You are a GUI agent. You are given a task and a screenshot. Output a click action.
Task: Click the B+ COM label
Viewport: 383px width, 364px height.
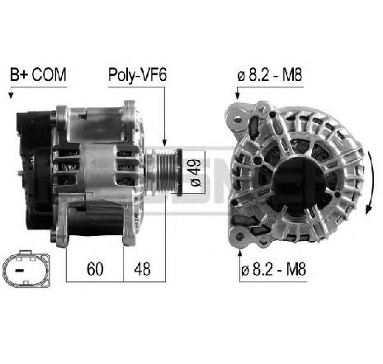click(38, 74)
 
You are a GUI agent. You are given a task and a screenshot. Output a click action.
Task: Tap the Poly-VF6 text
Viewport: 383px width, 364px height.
click(137, 74)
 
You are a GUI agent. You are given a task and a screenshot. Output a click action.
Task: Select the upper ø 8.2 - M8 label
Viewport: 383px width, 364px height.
click(270, 74)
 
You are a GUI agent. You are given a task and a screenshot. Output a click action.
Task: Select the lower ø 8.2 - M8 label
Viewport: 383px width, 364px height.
click(273, 269)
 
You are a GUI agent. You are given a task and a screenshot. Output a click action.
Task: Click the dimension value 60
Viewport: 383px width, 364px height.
click(95, 269)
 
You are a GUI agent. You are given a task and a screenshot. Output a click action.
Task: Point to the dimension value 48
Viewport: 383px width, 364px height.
click(142, 269)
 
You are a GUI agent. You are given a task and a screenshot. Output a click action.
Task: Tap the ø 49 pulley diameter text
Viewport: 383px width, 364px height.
click(196, 173)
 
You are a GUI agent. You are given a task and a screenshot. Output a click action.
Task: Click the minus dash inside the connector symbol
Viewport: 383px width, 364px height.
click(19, 271)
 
